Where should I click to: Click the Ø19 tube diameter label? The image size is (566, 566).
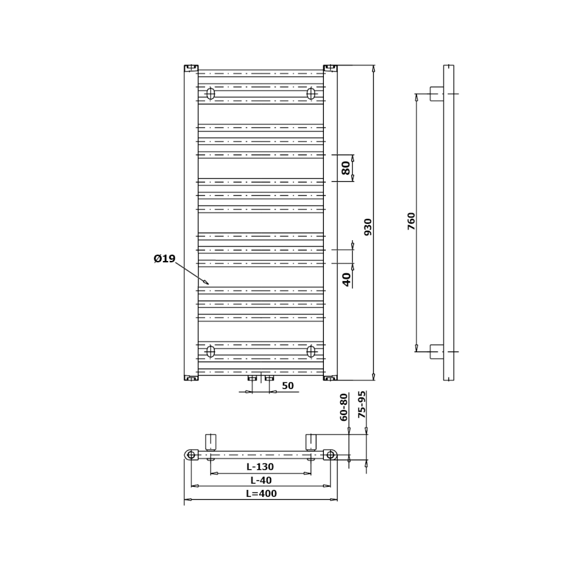(164, 258)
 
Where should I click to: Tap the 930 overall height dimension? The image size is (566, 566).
(367, 227)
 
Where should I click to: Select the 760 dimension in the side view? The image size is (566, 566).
(411, 221)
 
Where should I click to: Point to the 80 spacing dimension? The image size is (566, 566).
(345, 168)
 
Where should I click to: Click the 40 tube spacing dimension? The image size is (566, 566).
(346, 280)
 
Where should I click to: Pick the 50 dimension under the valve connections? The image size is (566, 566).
(287, 386)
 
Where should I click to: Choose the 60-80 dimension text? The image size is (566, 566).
(343, 407)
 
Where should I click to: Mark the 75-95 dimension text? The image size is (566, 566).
(362, 404)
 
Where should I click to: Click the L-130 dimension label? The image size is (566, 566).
(260, 467)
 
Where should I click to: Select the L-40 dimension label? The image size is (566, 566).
(261, 480)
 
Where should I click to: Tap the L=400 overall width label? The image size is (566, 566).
(262, 494)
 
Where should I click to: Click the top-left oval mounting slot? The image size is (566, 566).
(210, 94)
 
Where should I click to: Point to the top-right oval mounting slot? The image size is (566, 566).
(311, 94)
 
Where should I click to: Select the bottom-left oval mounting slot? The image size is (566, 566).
(210, 351)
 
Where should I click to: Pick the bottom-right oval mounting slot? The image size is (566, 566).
(311, 351)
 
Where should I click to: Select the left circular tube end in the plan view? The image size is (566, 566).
(191, 455)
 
